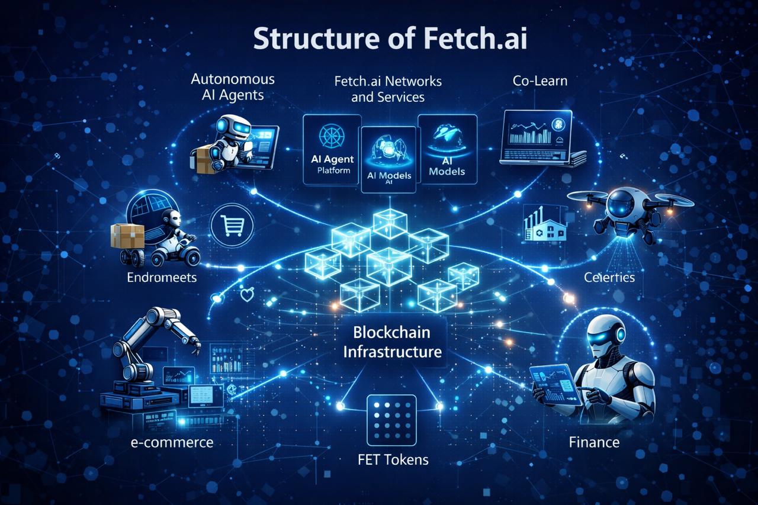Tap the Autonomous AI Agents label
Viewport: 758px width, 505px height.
233,88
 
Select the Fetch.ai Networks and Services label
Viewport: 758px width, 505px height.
388,88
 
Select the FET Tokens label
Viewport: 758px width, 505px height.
392,459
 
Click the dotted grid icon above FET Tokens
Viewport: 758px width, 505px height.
391,420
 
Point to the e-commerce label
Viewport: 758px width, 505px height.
172,442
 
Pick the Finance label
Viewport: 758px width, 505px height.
594,442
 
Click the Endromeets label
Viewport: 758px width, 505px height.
162,277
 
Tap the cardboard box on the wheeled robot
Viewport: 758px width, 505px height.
127,236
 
